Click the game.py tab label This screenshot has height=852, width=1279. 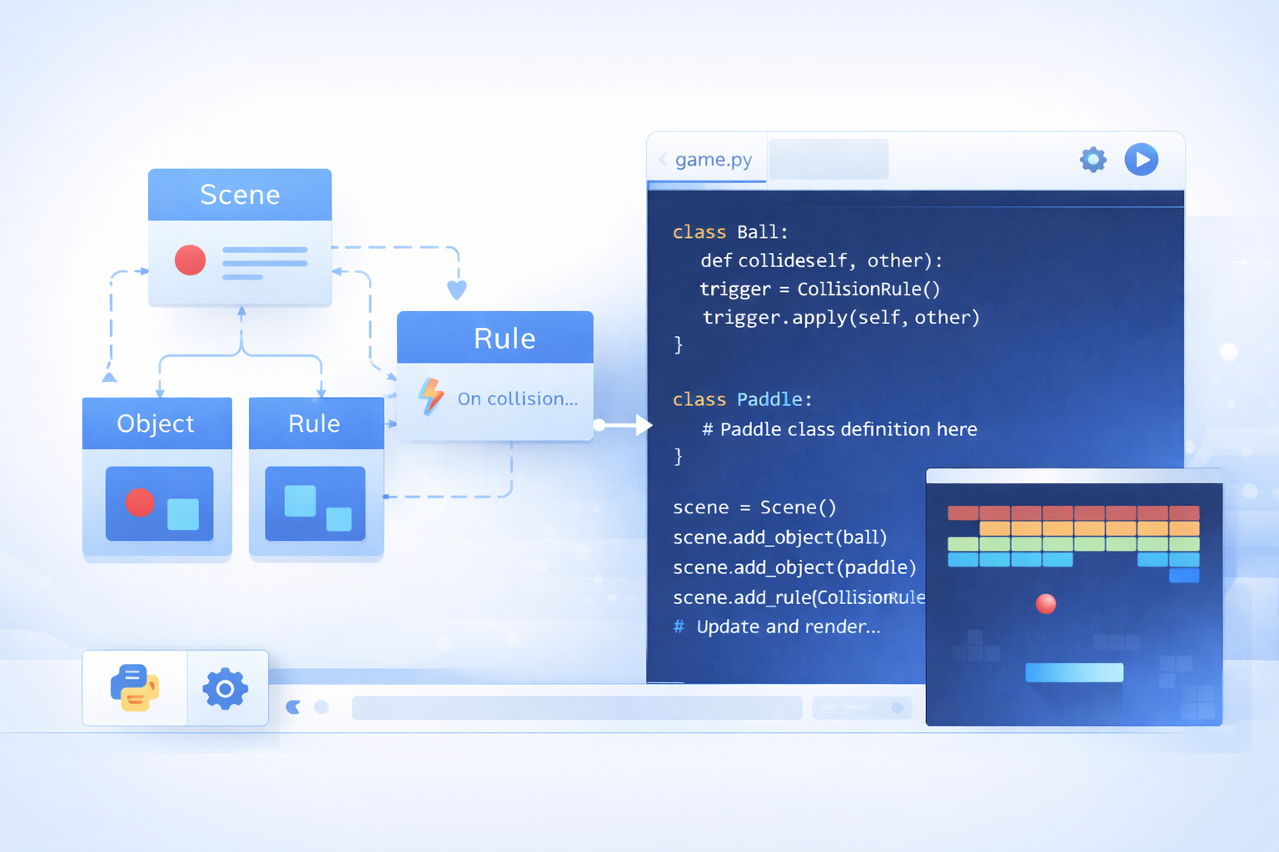pyautogui.click(x=713, y=160)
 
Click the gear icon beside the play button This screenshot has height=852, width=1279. pyautogui.click(x=1092, y=159)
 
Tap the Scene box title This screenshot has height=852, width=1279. pyautogui.click(x=240, y=195)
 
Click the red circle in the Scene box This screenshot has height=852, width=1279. pyautogui.click(x=190, y=260)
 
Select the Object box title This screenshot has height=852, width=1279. pyautogui.click(x=156, y=424)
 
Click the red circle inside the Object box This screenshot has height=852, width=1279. pyautogui.click(x=140, y=502)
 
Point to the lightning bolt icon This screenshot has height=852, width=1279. pyautogui.click(x=430, y=396)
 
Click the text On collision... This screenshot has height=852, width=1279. pyautogui.click(x=517, y=399)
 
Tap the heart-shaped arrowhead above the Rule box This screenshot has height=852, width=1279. pyautogui.click(x=457, y=290)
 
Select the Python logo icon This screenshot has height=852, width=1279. pyautogui.click(x=135, y=688)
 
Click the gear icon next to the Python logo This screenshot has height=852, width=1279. pyautogui.click(x=225, y=688)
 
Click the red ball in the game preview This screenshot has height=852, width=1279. pyautogui.click(x=1046, y=603)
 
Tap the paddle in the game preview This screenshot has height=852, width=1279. pyautogui.click(x=1074, y=672)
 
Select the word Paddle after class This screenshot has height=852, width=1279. pyautogui.click(x=769, y=399)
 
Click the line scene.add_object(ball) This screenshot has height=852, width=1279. pyautogui.click(x=780, y=537)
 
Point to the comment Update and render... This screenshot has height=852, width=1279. pyautogui.click(x=788, y=627)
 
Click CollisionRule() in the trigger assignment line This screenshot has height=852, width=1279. pyautogui.click(x=868, y=289)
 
